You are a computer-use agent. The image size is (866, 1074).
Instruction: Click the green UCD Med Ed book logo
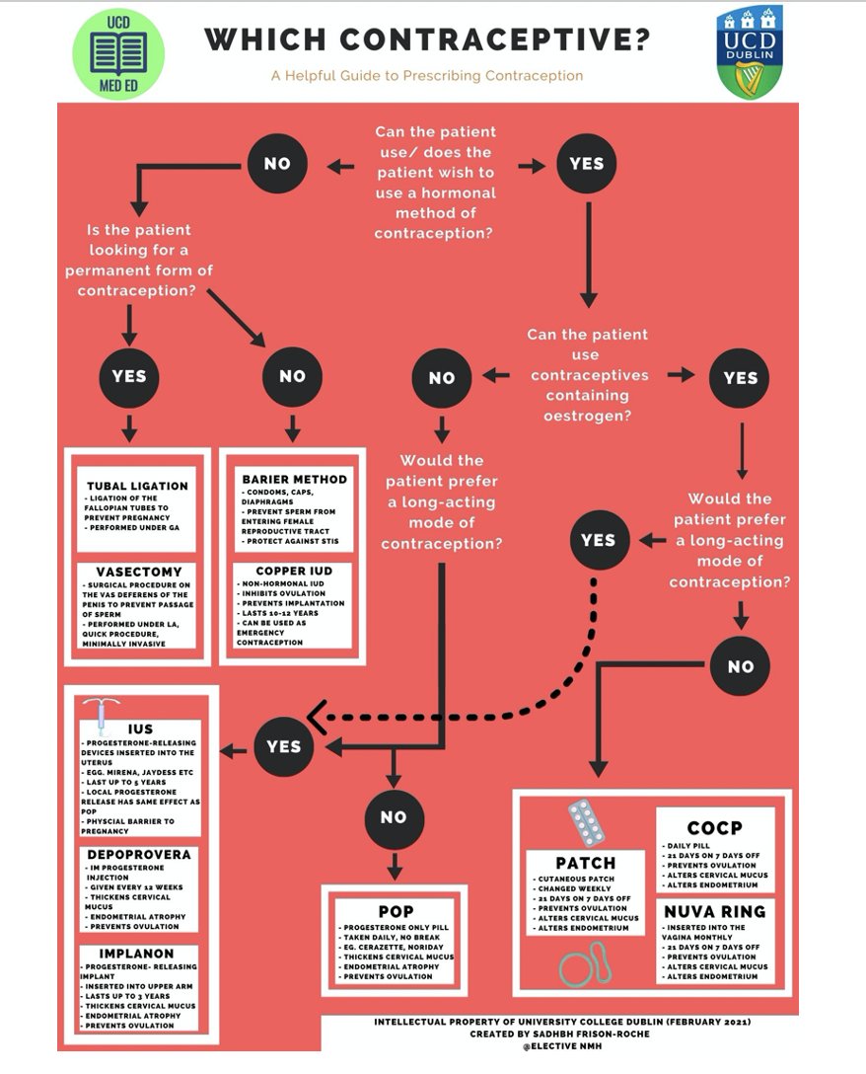tap(118, 54)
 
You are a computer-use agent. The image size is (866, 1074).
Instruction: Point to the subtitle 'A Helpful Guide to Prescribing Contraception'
tap(427, 75)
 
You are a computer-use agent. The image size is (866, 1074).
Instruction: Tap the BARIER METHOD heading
tap(294, 479)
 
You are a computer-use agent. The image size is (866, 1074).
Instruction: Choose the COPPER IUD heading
tap(293, 571)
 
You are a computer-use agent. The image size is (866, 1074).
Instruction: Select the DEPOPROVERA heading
tap(139, 854)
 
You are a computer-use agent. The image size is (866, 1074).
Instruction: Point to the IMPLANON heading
tap(137, 954)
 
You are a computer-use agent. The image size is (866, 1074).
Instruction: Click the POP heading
tap(395, 910)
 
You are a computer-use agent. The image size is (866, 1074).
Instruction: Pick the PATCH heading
tap(585, 863)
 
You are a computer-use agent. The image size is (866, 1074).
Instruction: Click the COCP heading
tap(714, 827)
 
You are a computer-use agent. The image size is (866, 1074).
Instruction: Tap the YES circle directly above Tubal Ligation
tap(129, 376)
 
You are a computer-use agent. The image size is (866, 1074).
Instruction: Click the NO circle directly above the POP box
tap(394, 817)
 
